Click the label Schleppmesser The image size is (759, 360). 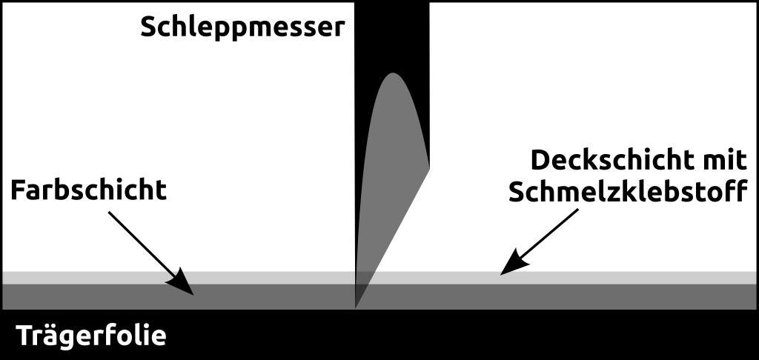(x=242, y=27)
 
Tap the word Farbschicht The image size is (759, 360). (x=88, y=190)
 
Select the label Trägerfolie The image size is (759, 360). (x=91, y=336)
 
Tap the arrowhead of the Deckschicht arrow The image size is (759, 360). (x=511, y=266)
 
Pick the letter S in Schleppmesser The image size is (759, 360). (x=148, y=27)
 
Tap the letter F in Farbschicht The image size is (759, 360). (x=19, y=190)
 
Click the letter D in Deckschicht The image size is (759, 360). (x=541, y=160)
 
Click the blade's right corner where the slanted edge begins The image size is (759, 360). (x=429, y=168)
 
